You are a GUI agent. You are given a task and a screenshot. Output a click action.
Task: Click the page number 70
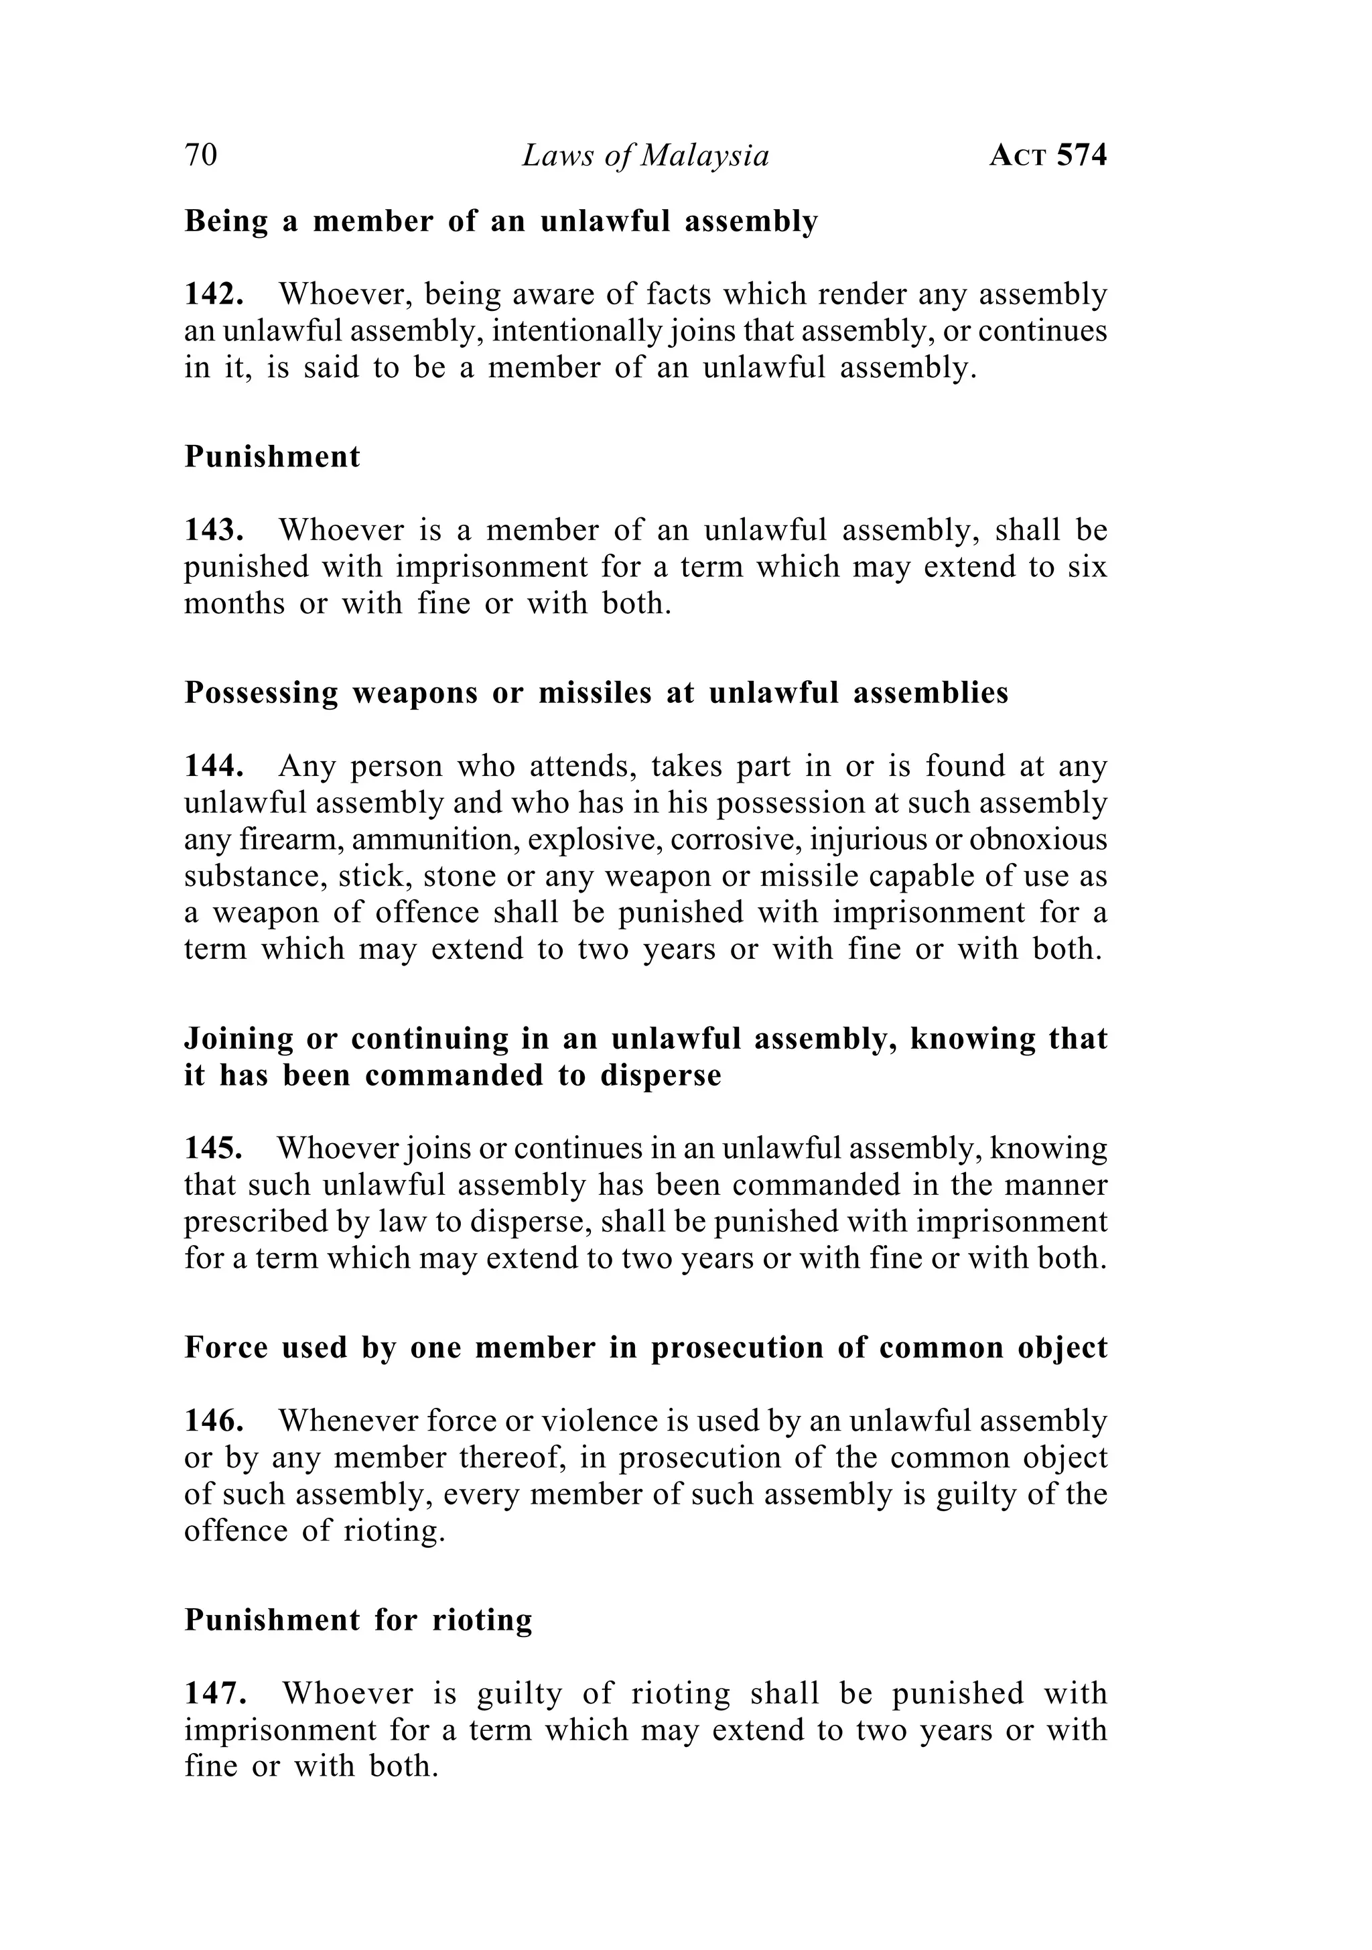pyautogui.click(x=201, y=156)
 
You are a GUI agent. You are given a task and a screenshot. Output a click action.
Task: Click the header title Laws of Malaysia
pyautogui.click(x=645, y=156)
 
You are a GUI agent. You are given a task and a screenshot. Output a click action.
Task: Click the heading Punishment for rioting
pyautogui.click(x=358, y=1620)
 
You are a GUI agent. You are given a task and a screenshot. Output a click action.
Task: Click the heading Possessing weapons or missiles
pyautogui.click(x=596, y=693)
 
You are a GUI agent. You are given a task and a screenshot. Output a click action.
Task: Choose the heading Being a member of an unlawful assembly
pyautogui.click(x=501, y=222)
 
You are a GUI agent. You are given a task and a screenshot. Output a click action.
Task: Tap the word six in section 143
pyautogui.click(x=1089, y=566)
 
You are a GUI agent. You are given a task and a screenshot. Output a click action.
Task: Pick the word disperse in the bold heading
pyautogui.click(x=661, y=1076)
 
